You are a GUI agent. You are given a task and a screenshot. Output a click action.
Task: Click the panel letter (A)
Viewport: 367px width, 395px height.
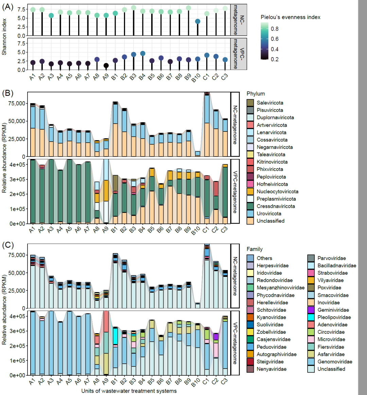[x=8, y=7]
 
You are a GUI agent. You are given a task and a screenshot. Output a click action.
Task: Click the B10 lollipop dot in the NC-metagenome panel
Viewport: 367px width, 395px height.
[x=197, y=21]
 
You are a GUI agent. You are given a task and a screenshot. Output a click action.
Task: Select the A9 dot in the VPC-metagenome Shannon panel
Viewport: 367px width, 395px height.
[x=106, y=66]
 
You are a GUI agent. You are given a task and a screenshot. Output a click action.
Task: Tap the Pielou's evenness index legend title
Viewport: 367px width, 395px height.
[x=290, y=17]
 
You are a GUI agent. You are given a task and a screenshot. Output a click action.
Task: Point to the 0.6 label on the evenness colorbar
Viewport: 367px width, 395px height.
[x=275, y=39]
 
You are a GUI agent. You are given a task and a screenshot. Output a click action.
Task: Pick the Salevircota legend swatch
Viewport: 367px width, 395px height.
[x=250, y=103]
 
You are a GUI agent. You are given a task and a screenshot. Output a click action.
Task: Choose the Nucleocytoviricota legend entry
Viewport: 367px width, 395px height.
[x=277, y=192]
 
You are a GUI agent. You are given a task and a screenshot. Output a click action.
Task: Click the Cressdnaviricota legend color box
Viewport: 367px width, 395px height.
[x=250, y=206]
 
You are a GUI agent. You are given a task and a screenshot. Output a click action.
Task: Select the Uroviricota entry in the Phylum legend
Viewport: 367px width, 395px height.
[x=269, y=214]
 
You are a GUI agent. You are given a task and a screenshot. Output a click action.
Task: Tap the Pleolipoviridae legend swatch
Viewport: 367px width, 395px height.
[x=311, y=317]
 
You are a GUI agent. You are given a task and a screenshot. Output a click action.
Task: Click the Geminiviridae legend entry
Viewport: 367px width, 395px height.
[x=333, y=310]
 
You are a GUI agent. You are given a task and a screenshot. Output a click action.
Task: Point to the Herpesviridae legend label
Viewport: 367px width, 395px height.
[x=273, y=266]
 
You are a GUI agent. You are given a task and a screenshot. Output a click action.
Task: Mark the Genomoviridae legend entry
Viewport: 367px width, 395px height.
[x=335, y=362]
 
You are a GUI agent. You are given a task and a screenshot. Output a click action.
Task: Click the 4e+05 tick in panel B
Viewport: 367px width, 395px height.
[x=16, y=164]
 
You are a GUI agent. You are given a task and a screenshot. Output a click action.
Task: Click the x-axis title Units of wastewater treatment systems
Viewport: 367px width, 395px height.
[x=129, y=391]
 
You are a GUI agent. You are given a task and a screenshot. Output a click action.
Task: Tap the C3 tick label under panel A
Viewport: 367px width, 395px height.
[x=224, y=77]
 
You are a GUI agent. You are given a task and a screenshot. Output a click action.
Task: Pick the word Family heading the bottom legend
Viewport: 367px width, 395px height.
[x=255, y=249]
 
